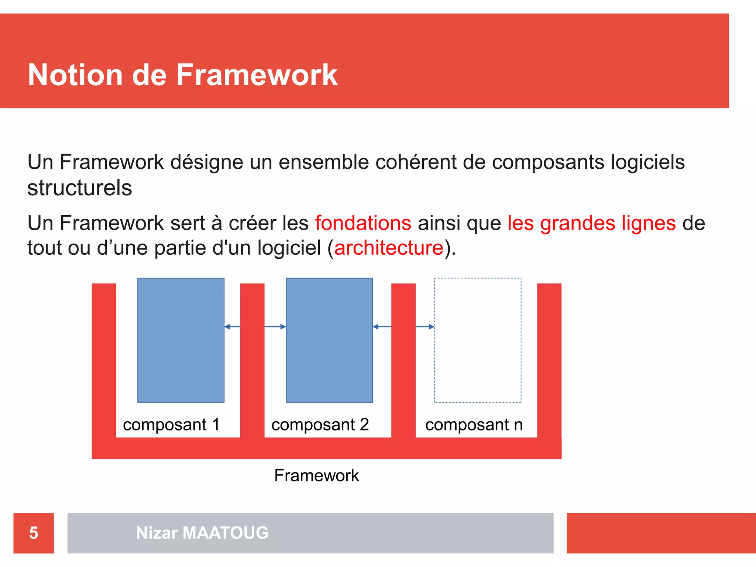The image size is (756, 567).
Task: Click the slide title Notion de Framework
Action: click(x=183, y=75)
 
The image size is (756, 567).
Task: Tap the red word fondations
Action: click(x=363, y=223)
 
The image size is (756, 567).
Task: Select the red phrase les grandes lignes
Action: click(x=591, y=223)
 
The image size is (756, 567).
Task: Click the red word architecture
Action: click(x=388, y=248)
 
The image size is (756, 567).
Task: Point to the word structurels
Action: click(x=80, y=188)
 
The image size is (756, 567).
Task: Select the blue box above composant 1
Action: click(x=181, y=340)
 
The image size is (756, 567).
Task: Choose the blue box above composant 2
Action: click(x=329, y=340)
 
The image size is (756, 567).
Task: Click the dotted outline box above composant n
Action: click(x=478, y=340)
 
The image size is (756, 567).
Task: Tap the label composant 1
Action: click(x=171, y=425)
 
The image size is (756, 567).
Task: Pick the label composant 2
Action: click(x=320, y=425)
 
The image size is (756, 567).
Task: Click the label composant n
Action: click(x=474, y=425)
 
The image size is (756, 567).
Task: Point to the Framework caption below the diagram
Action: click(x=316, y=475)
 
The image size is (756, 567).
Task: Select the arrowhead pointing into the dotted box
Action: click(x=432, y=327)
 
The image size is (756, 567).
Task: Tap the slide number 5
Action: click(x=34, y=533)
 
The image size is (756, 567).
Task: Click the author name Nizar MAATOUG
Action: click(x=202, y=533)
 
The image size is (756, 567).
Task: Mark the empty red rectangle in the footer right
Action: click(x=661, y=533)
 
